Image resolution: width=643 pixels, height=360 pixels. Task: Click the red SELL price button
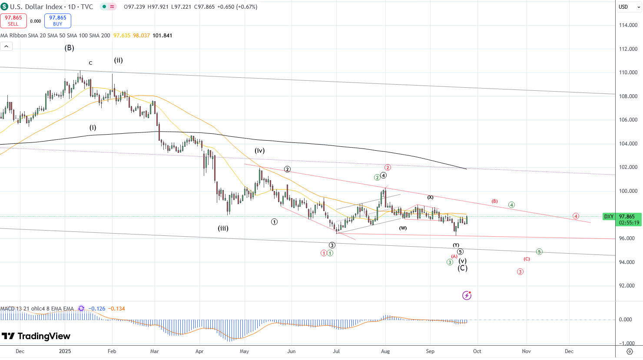tap(13, 21)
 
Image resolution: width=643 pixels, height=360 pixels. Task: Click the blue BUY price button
tap(58, 21)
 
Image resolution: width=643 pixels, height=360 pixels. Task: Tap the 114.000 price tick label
tap(628, 25)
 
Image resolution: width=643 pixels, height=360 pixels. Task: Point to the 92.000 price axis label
tap(628, 286)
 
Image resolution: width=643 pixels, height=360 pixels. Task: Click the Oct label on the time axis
tap(477, 351)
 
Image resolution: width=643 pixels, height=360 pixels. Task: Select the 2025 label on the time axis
tap(65, 351)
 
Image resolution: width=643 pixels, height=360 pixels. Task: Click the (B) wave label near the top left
tap(70, 48)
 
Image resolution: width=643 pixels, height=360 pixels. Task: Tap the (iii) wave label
tap(223, 228)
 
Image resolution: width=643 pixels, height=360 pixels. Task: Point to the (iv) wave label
tap(260, 151)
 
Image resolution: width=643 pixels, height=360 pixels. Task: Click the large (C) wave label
tap(463, 268)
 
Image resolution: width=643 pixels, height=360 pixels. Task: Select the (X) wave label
tap(430, 198)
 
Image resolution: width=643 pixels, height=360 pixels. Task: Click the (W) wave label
tap(403, 228)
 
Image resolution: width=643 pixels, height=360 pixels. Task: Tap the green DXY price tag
tap(609, 217)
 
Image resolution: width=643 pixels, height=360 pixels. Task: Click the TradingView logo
tap(36, 336)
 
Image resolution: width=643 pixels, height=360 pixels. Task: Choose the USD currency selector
tap(623, 7)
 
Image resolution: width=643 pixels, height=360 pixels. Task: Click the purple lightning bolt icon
tap(467, 296)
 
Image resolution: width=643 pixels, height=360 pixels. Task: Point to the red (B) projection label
tap(494, 201)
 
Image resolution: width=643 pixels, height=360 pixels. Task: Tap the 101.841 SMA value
tap(162, 36)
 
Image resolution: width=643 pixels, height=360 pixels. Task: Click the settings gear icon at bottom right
tap(630, 351)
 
